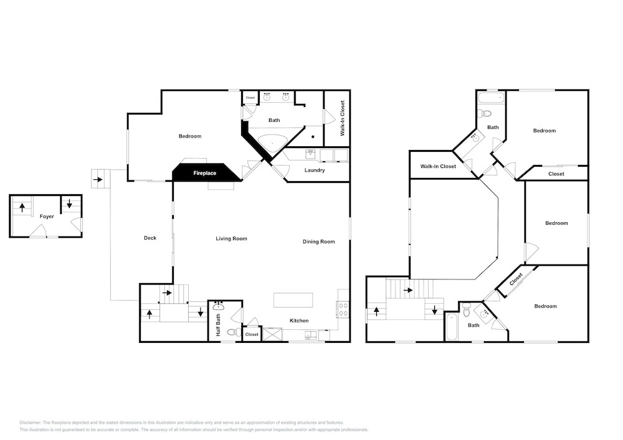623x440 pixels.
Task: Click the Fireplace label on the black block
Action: coord(204,174)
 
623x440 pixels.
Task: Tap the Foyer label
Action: coord(47,217)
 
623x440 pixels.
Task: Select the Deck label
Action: coord(150,238)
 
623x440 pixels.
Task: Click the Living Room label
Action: coord(231,239)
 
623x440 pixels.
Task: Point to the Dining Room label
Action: coord(318,241)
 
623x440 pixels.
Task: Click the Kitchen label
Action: coord(299,321)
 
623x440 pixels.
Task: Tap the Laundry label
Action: coord(315,170)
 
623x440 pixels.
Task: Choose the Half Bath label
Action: coord(218,325)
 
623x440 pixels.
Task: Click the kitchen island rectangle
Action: coord(293,300)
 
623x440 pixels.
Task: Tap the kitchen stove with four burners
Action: coord(343,309)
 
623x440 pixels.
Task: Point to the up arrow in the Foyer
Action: coord(22,207)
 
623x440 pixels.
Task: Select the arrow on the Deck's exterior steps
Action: coord(97,180)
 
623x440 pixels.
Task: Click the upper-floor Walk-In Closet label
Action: coord(438,166)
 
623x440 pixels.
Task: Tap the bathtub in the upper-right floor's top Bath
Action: coord(491,98)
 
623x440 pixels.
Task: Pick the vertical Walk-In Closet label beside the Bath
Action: coord(343,118)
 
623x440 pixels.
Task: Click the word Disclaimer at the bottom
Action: coord(30,423)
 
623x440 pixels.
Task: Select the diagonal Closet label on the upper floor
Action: coord(516,279)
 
